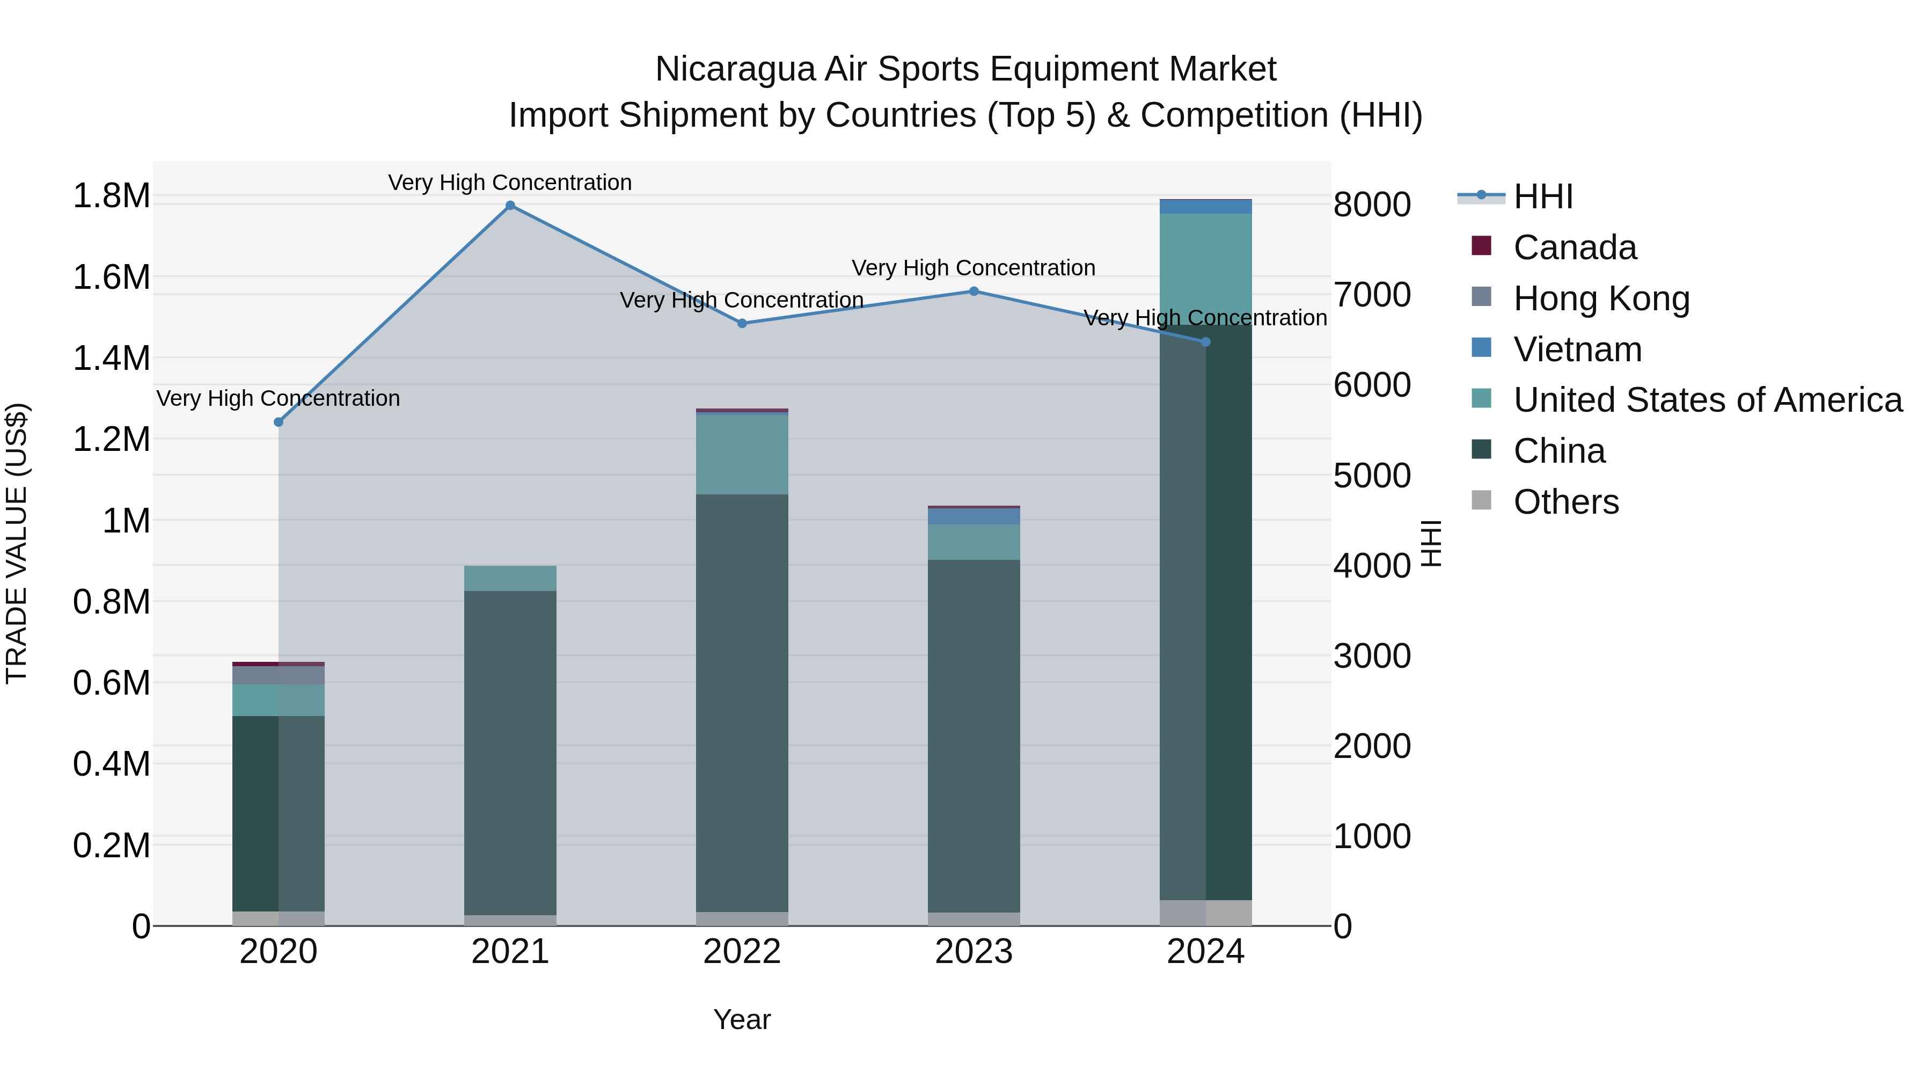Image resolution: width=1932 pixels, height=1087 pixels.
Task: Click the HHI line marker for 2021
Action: tap(510, 206)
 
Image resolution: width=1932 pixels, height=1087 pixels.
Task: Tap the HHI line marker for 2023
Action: tap(974, 291)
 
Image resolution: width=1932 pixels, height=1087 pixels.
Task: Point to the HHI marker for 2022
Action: tap(742, 323)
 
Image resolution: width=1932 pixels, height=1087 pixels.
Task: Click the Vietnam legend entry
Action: tap(1577, 349)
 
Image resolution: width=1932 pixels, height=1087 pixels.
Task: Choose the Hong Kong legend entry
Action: tap(1601, 298)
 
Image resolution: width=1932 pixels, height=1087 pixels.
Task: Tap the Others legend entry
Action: tap(1565, 502)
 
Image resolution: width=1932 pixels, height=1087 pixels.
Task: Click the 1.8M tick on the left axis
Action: tap(111, 196)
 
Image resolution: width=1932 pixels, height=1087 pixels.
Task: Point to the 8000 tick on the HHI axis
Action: tap(1372, 205)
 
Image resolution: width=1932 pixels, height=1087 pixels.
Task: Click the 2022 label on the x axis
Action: tap(742, 952)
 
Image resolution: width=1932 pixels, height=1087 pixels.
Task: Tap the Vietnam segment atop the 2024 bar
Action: tap(1205, 206)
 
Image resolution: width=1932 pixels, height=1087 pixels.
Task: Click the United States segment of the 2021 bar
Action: tap(510, 578)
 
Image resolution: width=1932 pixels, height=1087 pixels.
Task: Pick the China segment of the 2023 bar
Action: tap(974, 735)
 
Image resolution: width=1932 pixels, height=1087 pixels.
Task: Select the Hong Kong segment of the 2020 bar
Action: tap(278, 675)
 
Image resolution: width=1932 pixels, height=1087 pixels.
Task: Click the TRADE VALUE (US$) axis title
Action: tap(17, 543)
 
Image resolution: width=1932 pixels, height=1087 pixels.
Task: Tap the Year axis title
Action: tap(742, 1019)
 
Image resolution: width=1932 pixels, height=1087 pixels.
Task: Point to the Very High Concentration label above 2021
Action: tap(510, 183)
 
